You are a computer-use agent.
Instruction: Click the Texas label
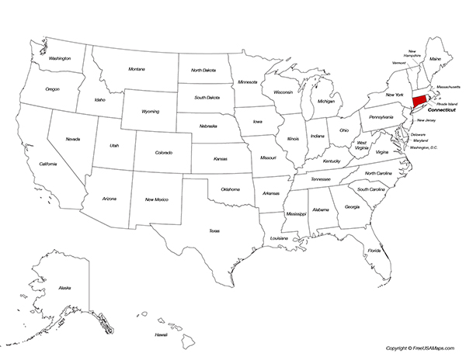click(x=214, y=230)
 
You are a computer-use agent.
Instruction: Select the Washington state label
click(x=60, y=58)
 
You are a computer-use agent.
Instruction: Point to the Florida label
click(x=374, y=251)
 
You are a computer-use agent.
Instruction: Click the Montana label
click(x=137, y=69)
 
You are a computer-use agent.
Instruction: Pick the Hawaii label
click(x=161, y=334)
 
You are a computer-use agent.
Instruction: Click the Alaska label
click(x=64, y=288)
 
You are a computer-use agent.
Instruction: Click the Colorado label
click(x=163, y=153)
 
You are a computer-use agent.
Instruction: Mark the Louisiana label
click(x=279, y=238)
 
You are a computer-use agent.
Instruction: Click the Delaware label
click(x=418, y=134)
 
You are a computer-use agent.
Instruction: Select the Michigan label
click(x=326, y=101)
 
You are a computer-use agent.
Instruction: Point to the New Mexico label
click(x=158, y=200)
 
